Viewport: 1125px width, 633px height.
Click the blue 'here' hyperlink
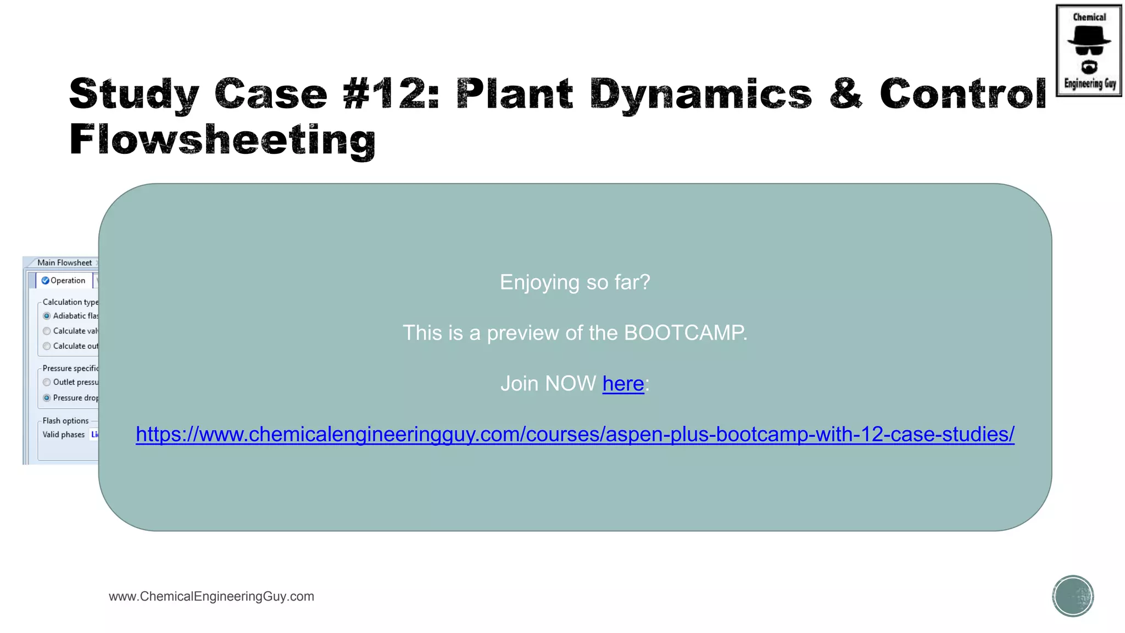click(623, 384)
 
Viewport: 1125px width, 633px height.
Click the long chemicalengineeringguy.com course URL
click(575, 434)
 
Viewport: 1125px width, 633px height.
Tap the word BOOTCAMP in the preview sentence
click(684, 333)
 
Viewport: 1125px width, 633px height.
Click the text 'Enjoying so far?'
click(575, 282)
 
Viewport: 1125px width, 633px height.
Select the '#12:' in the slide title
click(391, 94)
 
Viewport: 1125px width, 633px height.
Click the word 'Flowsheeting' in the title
click(222, 140)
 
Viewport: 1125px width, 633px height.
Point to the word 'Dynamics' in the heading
click(700, 94)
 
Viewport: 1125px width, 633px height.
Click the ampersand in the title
click(845, 94)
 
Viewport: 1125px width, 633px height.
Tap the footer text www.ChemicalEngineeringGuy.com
click(211, 596)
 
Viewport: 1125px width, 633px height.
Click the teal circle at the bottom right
click(1073, 596)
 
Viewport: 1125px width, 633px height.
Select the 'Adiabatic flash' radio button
click(47, 316)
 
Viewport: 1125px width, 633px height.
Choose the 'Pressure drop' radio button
click(47, 398)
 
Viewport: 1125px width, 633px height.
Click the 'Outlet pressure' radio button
click(47, 382)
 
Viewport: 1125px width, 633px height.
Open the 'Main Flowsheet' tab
click(64, 263)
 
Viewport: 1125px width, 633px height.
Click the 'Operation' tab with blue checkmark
click(64, 281)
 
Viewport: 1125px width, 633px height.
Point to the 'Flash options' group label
click(65, 421)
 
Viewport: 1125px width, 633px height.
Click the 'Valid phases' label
click(64, 435)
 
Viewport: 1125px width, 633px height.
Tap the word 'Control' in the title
click(963, 94)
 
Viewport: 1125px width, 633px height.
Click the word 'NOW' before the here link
click(571, 384)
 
